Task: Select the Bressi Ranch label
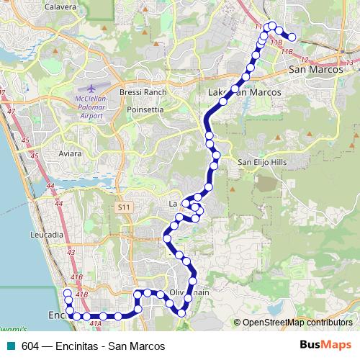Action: pos(143,92)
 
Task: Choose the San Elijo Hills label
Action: pos(262,163)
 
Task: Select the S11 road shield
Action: pos(124,207)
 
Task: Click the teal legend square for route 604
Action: pos(9,346)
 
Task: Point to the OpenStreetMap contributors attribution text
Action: pos(295,323)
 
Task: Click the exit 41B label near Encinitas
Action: pos(81,294)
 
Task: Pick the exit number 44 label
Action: pos(50,186)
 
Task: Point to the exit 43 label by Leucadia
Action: pos(70,252)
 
